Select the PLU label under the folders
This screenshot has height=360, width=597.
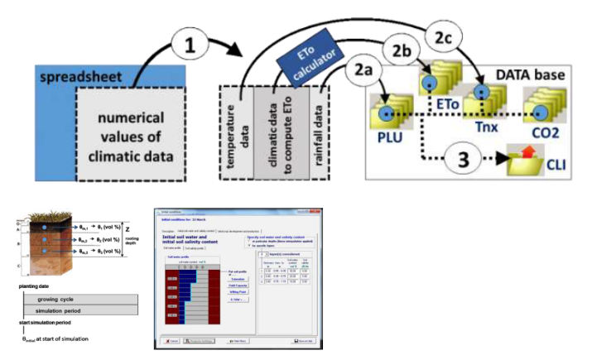click(387, 136)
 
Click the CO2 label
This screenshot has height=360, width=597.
click(545, 131)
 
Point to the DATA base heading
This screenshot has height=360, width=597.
click(530, 75)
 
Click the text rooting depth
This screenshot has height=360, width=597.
click(132, 240)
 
